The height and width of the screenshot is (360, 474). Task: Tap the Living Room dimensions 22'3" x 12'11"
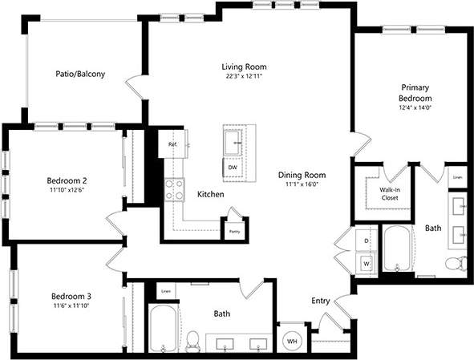[244, 76]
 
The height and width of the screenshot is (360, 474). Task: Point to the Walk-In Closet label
[389, 192]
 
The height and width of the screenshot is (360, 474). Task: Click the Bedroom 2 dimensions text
[67, 191]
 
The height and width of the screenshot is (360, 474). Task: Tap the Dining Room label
[302, 175]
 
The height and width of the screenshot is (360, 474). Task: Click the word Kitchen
[210, 195]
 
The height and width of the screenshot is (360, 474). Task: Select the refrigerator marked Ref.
[173, 145]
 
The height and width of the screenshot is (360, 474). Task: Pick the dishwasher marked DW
[233, 166]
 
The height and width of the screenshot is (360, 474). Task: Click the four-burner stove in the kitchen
[174, 188]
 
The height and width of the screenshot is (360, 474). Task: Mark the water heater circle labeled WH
[290, 340]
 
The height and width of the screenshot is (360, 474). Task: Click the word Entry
[321, 301]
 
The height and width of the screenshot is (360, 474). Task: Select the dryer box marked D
[367, 240]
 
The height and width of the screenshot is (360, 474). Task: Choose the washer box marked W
[366, 261]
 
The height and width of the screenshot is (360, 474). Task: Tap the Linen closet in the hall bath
[166, 291]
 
